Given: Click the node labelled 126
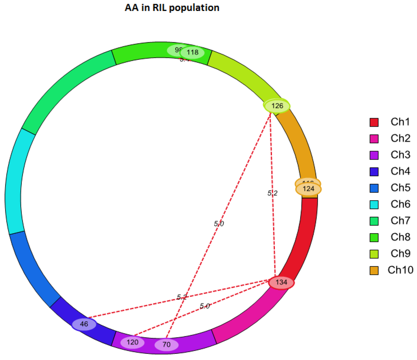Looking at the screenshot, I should point(277,106).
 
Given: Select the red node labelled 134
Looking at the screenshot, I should point(281,282).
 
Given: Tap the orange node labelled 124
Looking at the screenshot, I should point(309,189).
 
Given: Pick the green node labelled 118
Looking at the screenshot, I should point(193,53).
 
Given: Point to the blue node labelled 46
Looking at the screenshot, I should point(84,325).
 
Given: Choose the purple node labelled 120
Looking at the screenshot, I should point(133,342).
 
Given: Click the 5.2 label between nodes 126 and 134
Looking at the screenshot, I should point(272,193).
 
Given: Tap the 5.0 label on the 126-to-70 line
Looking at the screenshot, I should point(219,224).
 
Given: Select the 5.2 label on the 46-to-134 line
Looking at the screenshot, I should point(182,297).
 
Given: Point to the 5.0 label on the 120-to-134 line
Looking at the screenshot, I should point(205,306).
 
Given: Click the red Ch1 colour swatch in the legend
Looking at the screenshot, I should point(374,122).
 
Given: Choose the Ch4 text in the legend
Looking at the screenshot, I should point(400,171).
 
